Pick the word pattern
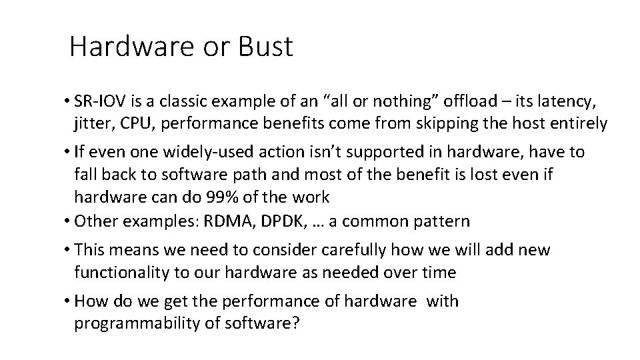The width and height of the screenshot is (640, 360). tap(441, 221)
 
